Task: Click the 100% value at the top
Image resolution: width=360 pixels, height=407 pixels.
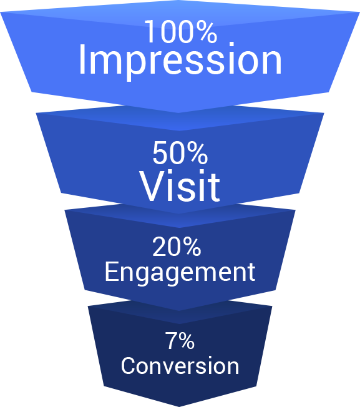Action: [x=181, y=32]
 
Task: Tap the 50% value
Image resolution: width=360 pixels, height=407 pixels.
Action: [x=180, y=152]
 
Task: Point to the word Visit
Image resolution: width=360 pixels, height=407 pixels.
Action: [x=180, y=185]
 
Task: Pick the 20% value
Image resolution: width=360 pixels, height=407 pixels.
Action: [x=177, y=247]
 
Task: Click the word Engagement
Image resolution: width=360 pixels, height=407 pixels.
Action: [x=180, y=273]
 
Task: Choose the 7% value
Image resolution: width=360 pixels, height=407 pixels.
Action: [x=180, y=340]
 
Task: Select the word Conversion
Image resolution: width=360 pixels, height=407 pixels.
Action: [x=180, y=365]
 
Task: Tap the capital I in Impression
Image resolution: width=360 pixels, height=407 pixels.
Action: [x=82, y=59]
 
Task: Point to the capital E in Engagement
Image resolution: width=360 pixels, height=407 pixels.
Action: [x=112, y=272]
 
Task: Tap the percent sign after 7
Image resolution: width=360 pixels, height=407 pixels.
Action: [x=186, y=340]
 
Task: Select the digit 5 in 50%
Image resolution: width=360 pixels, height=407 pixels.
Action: [x=160, y=153]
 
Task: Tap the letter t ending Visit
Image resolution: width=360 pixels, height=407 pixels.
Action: [x=215, y=187]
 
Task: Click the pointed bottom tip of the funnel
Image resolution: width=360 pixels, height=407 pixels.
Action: [x=180, y=406]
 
